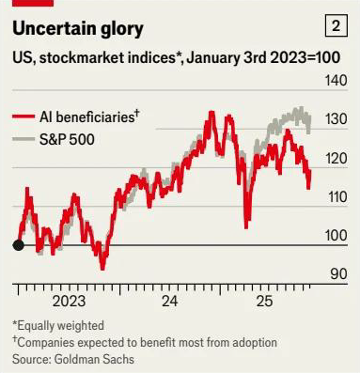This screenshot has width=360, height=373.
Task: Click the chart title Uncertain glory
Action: point(78,29)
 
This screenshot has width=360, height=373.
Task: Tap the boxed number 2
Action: point(336,26)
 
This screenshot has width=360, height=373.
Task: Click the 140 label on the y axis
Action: point(336,81)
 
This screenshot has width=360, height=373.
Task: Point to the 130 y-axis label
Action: point(336,119)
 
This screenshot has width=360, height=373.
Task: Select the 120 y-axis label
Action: point(336,159)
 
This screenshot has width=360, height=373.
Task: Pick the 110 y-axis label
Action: point(337,197)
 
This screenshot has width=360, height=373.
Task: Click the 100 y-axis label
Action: point(336,236)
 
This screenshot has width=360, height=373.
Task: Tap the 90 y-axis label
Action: point(338,274)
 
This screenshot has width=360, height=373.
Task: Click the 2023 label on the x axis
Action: point(69,302)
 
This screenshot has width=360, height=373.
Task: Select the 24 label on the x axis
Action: point(169,302)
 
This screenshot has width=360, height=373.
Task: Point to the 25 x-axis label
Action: point(265,302)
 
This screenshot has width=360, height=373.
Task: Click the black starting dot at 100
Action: point(18,245)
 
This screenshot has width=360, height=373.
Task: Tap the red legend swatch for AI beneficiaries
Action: point(23,117)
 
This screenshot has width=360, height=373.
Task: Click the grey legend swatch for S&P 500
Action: point(23,139)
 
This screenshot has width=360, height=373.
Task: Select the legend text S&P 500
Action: point(67,139)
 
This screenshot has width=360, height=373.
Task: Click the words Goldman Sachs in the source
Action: point(94,359)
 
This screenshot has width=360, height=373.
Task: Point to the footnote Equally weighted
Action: point(58,326)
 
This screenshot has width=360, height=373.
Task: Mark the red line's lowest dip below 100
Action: point(102,268)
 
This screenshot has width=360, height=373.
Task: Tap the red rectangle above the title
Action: point(33,3)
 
